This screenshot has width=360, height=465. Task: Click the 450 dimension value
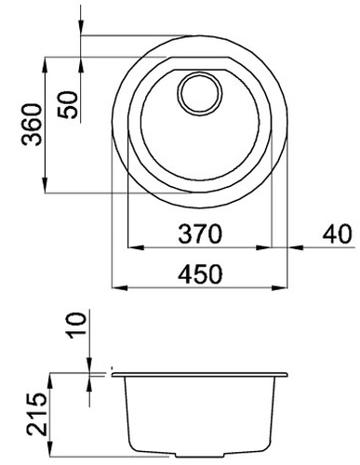click(200, 274)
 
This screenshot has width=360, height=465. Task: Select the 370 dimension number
click(200, 233)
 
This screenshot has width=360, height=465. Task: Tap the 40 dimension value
click(338, 233)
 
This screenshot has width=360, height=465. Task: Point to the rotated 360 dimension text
click(32, 125)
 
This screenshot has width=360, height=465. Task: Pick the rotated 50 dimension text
click(67, 105)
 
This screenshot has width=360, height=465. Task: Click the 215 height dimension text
click(36, 414)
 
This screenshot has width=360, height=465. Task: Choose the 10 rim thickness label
click(76, 325)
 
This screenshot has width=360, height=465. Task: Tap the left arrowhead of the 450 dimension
click(120, 288)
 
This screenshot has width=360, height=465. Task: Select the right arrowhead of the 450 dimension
click(279, 288)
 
